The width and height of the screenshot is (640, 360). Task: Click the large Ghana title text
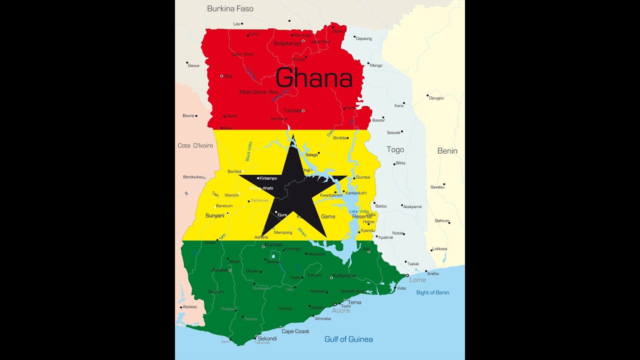[x=314, y=78]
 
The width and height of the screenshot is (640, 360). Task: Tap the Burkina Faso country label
[x=230, y=8]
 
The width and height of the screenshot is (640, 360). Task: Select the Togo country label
[x=395, y=149]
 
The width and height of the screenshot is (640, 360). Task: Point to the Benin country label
[x=447, y=150]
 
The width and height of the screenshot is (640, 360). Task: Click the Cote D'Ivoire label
[x=195, y=145]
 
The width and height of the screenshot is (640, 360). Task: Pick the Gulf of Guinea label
[x=348, y=339]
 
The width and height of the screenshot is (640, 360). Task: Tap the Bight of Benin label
[x=432, y=292]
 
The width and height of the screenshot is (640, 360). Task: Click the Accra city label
[x=341, y=310]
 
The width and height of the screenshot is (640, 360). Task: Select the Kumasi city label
[x=273, y=244]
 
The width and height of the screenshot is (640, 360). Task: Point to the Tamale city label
[x=292, y=110]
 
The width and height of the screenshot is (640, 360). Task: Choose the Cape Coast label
[x=295, y=331]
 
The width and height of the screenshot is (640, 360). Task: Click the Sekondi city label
[x=267, y=338]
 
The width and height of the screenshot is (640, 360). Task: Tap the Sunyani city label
[x=214, y=215]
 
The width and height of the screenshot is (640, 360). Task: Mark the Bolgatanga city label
[x=287, y=43]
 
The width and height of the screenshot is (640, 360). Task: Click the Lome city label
[x=417, y=280]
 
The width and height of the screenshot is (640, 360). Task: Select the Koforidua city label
[x=345, y=275]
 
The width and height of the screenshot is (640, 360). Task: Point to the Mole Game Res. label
[x=258, y=92]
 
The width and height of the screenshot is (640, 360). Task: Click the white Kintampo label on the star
[x=268, y=178]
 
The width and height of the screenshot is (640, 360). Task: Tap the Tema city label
[x=354, y=302]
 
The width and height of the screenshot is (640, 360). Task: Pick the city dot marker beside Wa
[x=221, y=76]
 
